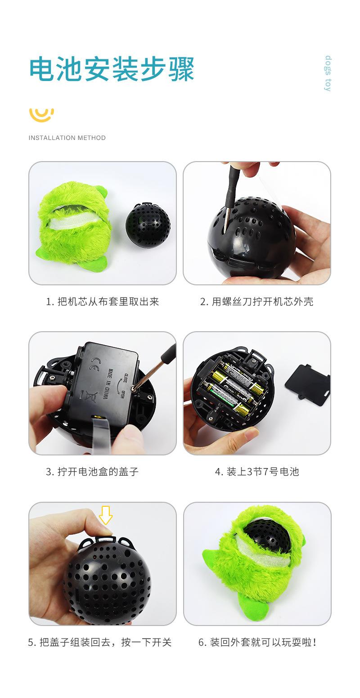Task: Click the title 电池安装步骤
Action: pos(112,69)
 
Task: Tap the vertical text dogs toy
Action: pos(328,73)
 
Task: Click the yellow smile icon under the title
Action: pos(41,114)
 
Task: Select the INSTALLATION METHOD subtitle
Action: pos(67,138)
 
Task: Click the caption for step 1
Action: pos(103,302)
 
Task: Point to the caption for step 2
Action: pos(256,302)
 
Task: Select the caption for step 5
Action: pos(100,642)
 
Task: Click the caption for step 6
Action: pos(257,642)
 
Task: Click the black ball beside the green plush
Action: pos(148,223)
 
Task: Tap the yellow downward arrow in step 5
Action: pos(106,514)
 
